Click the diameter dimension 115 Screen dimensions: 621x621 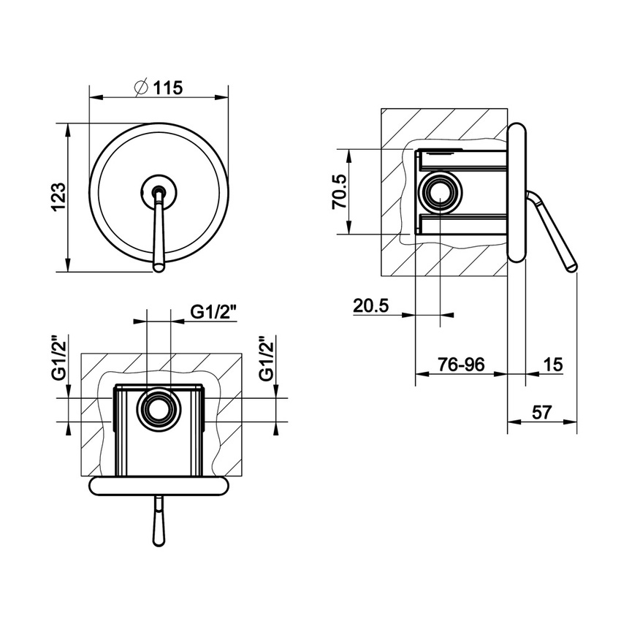pos(167,87)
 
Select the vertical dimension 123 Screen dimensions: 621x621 pos(59,197)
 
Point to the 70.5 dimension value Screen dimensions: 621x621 pos(338,191)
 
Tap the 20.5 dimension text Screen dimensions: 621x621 pos(370,305)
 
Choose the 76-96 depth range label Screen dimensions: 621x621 pos(460,364)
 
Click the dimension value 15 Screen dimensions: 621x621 pos(553,364)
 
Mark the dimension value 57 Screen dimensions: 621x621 pos(541,412)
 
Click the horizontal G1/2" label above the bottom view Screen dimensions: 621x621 pos(214,312)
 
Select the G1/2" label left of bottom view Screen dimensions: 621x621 pos(59,359)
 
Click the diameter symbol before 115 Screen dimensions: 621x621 pos(142,87)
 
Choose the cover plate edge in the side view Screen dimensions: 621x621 pos(517,193)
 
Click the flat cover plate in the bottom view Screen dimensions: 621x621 pos(159,485)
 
